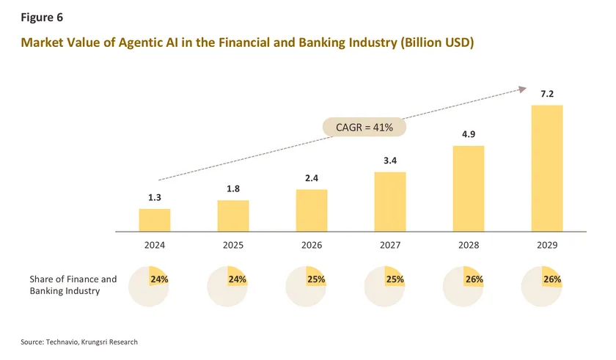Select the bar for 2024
pos(155,220)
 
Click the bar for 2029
pos(547,168)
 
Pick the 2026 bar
pos(312,210)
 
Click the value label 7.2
pos(547,95)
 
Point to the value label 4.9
pos(469,135)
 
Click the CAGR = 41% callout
pos(364,128)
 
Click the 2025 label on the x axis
pos(233,246)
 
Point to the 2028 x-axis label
pos(469,246)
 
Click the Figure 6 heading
pos(42,17)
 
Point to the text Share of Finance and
pos(73,279)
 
